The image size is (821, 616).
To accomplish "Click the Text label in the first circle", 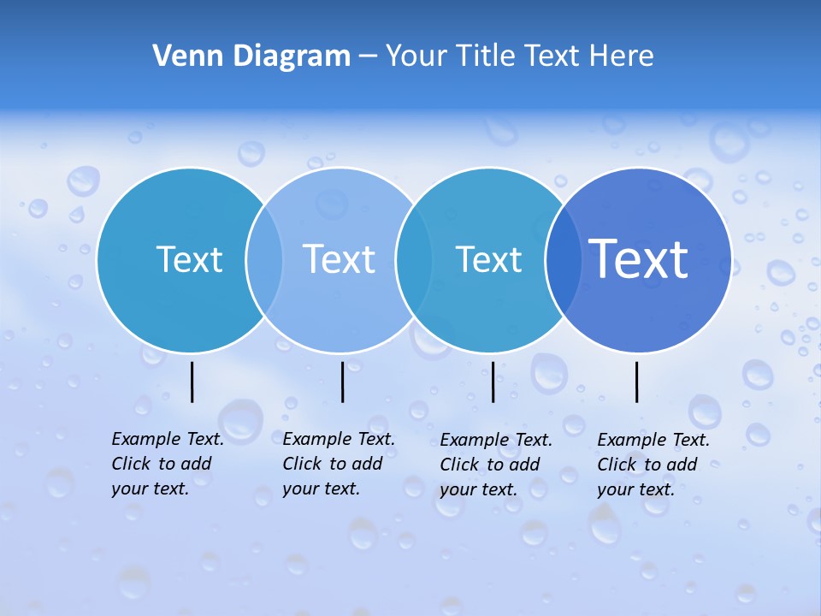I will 189,259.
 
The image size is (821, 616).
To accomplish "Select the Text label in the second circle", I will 340,259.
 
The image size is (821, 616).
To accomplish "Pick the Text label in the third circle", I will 488,259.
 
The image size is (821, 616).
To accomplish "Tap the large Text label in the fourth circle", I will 639,258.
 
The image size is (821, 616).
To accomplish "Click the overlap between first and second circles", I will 264,259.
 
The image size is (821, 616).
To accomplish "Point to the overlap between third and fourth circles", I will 563,259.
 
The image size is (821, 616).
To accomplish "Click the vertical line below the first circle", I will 192,382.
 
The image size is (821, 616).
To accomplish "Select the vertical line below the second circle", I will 342,382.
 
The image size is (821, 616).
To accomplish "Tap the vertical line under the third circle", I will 493,382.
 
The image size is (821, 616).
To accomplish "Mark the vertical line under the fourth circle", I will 637,382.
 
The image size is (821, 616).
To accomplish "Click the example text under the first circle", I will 168,464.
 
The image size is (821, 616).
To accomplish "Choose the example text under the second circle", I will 339,464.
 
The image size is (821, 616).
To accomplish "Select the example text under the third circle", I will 496,465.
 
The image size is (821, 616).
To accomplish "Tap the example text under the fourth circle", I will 653,465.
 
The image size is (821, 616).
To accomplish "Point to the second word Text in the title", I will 553,56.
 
